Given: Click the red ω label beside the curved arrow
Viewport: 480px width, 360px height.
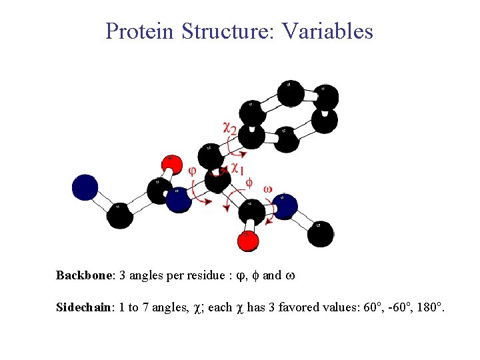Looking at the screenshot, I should click(267, 189).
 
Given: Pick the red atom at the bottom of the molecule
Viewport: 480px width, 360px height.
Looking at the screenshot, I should click(247, 240).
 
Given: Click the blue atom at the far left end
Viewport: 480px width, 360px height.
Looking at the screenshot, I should click(85, 187).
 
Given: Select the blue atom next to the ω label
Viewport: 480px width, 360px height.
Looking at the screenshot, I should click(285, 206).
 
